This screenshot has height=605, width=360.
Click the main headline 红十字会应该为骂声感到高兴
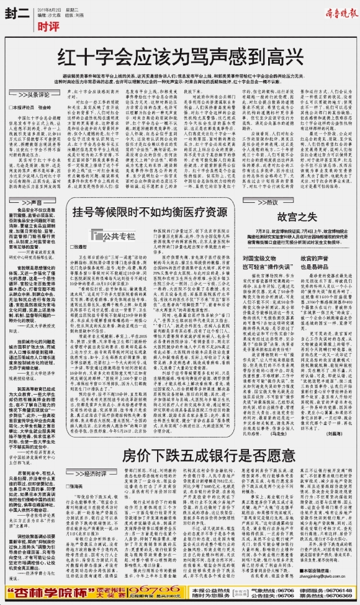[180, 57]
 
